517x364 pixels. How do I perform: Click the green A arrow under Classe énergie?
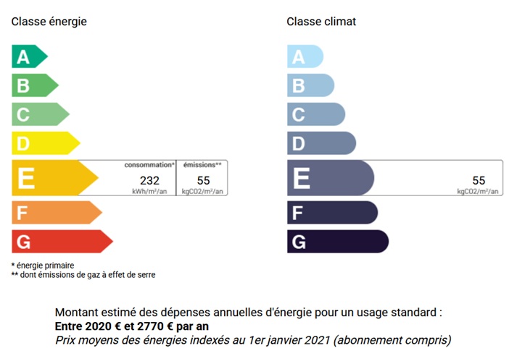[29, 56]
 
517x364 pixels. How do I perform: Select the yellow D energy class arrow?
[46, 143]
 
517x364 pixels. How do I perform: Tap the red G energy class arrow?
[62, 241]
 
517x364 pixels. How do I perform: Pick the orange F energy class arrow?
[57, 213]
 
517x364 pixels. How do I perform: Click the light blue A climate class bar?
[305, 56]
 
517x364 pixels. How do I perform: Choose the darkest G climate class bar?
[338, 241]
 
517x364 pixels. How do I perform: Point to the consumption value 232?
[149, 180]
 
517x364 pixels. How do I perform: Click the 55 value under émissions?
[204, 180]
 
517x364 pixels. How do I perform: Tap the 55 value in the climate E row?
[479, 180]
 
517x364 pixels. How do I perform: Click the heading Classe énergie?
[49, 22]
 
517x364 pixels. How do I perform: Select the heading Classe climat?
[321, 22]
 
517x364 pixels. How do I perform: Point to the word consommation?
[148, 165]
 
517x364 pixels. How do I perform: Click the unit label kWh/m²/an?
[149, 191]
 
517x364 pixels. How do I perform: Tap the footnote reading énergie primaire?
[45, 266]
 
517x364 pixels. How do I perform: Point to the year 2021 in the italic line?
[317, 340]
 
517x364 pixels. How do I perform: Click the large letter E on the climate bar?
[302, 178]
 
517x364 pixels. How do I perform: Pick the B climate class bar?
[310, 85]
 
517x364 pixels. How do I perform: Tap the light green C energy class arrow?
[40, 114]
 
